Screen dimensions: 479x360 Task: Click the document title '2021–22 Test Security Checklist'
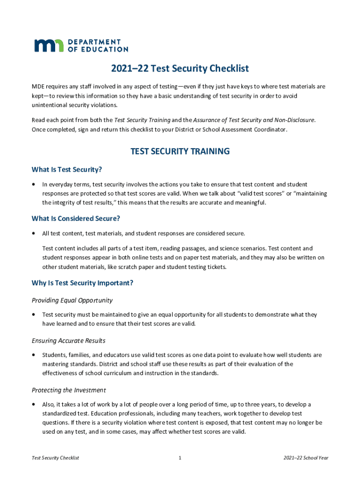point(180,69)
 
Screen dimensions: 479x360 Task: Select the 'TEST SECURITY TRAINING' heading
point(180,151)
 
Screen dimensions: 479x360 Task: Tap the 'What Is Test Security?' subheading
point(67,169)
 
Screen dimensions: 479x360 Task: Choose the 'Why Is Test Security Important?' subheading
point(82,283)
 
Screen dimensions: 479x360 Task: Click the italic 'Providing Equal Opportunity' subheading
point(72,300)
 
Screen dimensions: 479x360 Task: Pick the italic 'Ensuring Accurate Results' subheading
point(68,341)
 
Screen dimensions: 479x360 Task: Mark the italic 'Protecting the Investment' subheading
point(69,390)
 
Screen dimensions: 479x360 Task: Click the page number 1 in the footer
point(180,458)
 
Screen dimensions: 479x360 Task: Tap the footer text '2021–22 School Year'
point(306,458)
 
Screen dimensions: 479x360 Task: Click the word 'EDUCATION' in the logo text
point(107,49)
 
